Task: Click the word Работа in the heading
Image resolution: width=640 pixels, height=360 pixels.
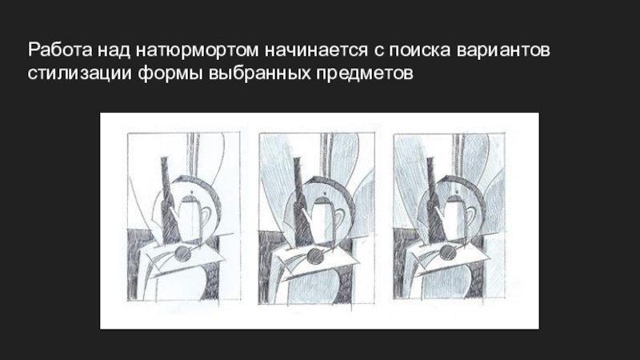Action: click(60, 50)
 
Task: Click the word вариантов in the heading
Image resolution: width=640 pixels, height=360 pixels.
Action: click(503, 50)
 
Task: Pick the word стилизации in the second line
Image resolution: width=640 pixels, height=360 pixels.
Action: click(80, 74)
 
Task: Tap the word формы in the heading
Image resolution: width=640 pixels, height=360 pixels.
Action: click(170, 74)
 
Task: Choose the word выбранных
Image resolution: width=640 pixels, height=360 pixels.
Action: click(260, 73)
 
